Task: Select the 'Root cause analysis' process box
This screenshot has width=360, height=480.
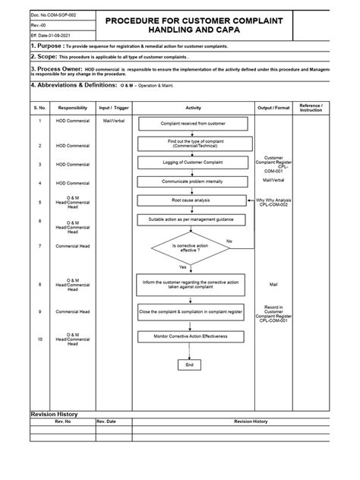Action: pyautogui.click(x=191, y=200)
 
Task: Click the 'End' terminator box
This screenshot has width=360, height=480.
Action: pyautogui.click(x=190, y=365)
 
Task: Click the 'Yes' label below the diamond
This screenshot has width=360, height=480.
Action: pyautogui.click(x=182, y=267)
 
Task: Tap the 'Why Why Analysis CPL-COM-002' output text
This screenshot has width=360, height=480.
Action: pyautogui.click(x=273, y=203)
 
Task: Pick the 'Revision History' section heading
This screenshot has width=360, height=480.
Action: pyautogui.click(x=54, y=413)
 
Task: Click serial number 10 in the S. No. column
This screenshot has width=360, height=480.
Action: pyautogui.click(x=39, y=338)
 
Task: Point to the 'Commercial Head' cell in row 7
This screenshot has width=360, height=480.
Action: pyautogui.click(x=73, y=246)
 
